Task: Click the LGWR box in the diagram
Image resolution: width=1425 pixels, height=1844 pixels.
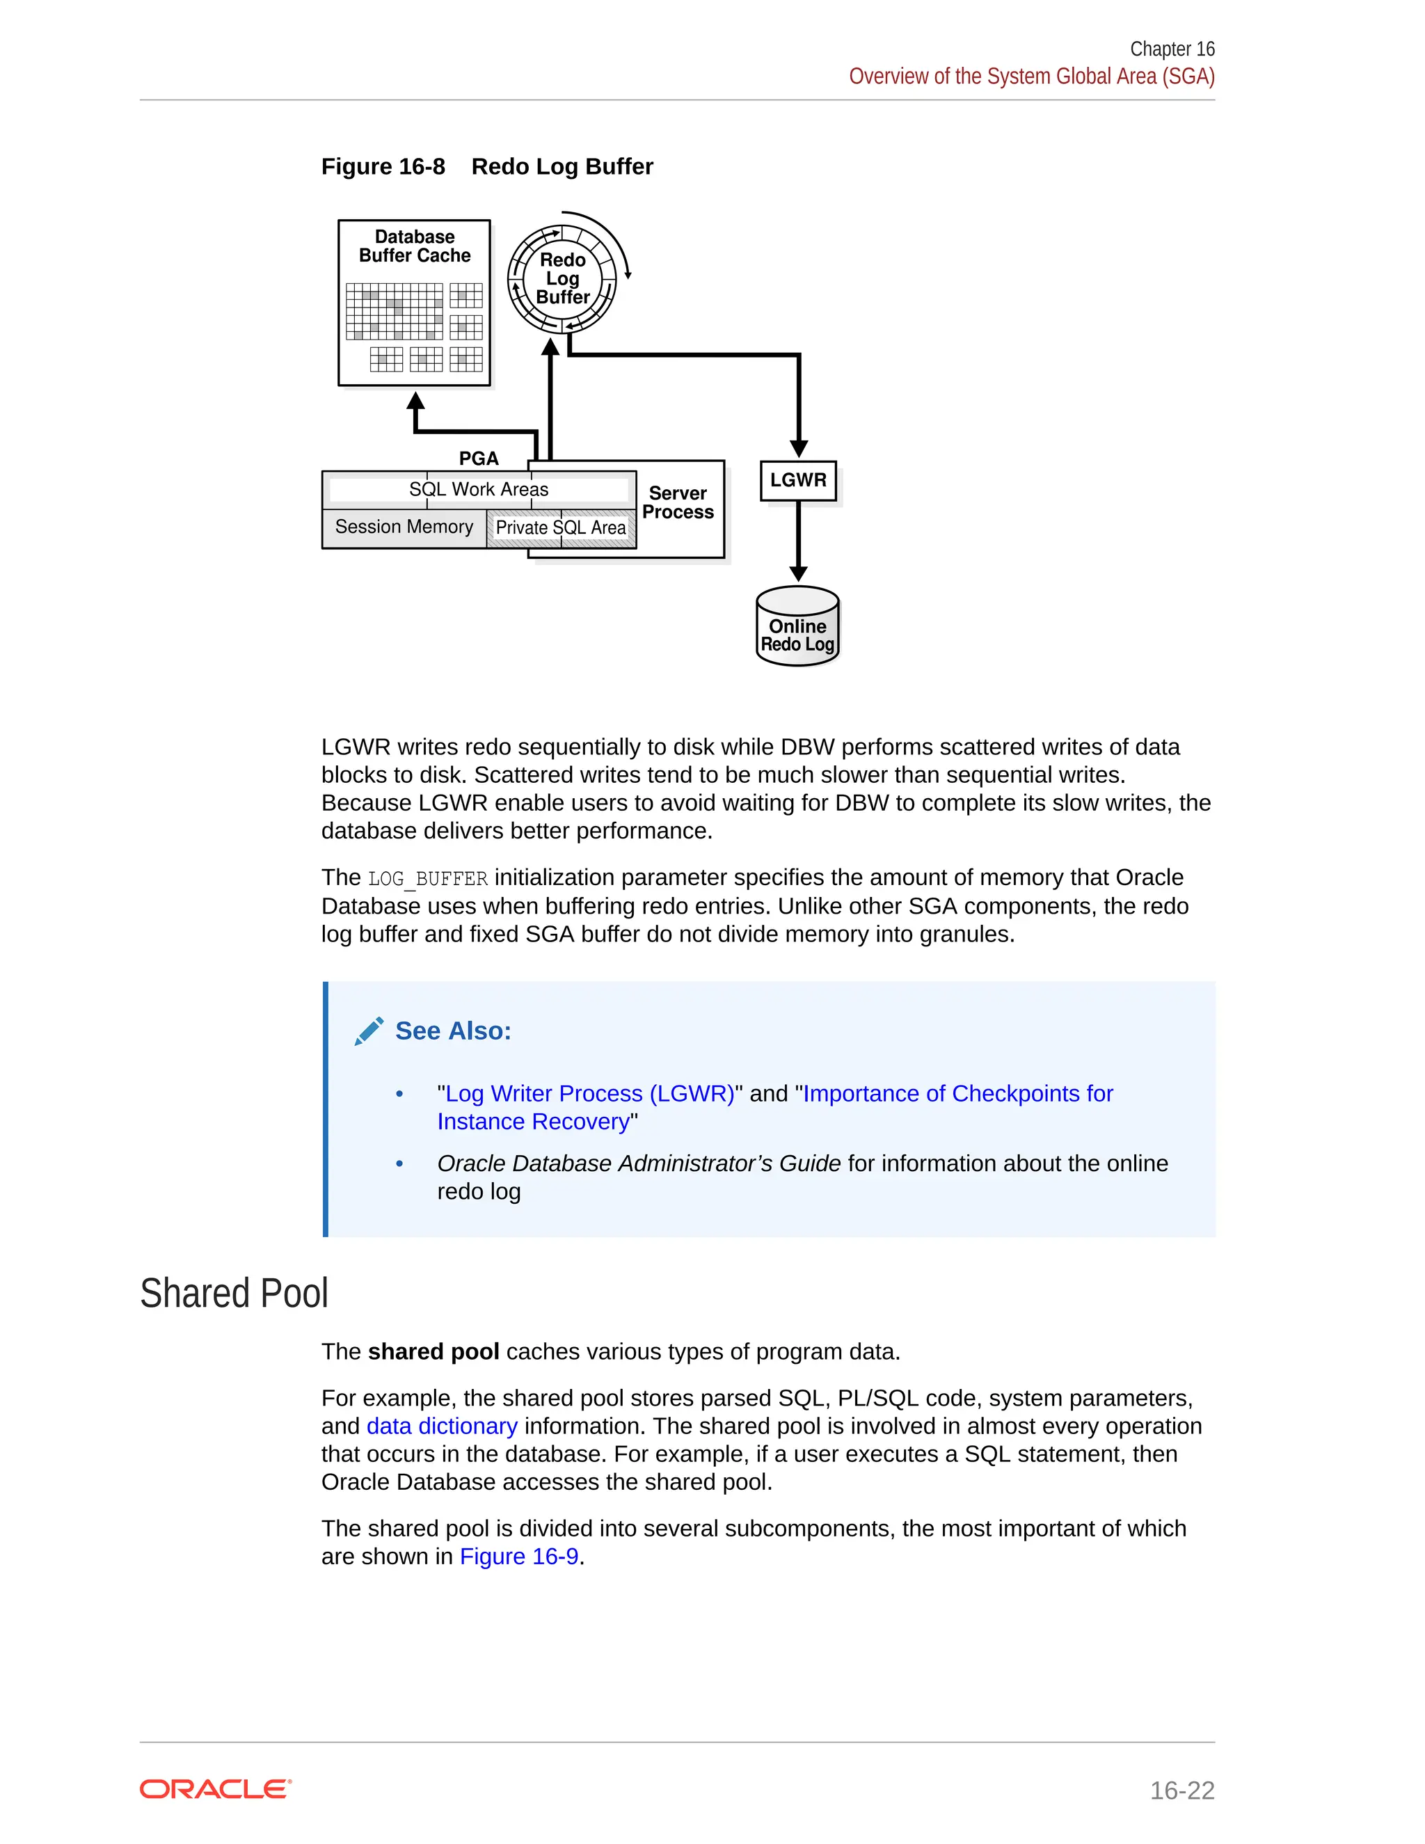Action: click(x=798, y=480)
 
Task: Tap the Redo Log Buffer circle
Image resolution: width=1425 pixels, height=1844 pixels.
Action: click(x=562, y=278)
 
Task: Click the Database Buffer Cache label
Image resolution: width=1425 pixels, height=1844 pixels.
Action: click(x=415, y=246)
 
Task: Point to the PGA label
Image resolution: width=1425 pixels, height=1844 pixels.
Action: click(x=479, y=459)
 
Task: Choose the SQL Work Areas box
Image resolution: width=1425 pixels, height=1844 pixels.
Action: click(x=479, y=490)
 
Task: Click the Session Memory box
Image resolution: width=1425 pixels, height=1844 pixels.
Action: click(x=404, y=527)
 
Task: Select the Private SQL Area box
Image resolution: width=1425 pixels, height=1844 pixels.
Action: click(x=561, y=527)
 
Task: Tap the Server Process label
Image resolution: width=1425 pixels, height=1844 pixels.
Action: click(x=678, y=502)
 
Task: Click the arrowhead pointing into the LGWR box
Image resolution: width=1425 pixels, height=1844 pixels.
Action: click(x=799, y=450)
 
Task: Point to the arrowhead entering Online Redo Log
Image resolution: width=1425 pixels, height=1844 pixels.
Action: click(x=799, y=573)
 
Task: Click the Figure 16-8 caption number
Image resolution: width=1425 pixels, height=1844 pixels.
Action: click(x=383, y=166)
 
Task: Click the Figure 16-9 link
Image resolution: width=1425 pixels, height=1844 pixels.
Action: click(x=518, y=1556)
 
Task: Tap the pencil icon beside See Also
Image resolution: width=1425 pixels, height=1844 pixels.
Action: click(x=369, y=1031)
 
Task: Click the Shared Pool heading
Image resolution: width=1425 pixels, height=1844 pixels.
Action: click(x=234, y=1294)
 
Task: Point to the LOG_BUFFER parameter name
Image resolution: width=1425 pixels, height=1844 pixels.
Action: click(x=428, y=879)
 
